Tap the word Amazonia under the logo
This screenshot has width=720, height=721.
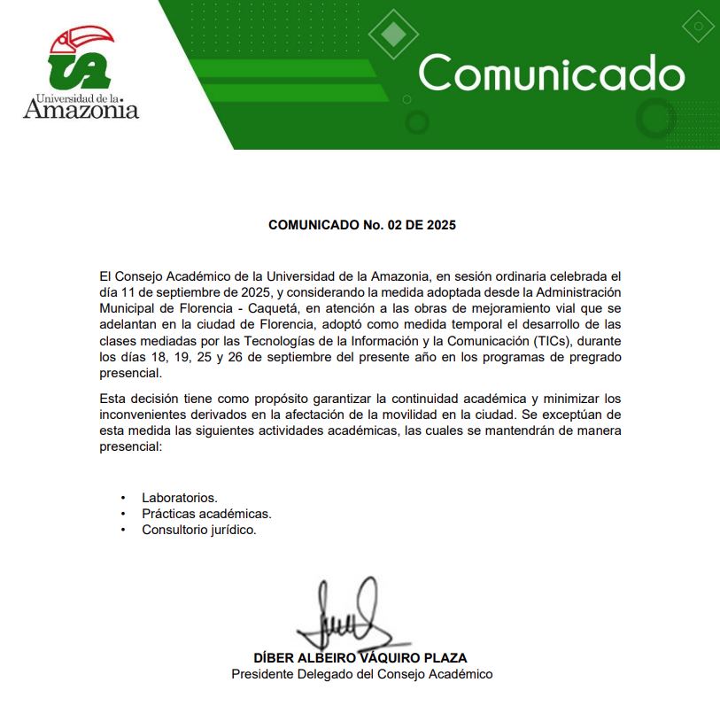pyautogui.click(x=81, y=110)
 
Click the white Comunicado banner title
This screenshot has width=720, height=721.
pyautogui.click(x=551, y=73)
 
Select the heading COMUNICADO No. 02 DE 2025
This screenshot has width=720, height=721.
pyautogui.click(x=361, y=225)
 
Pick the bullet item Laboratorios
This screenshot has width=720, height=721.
pyautogui.click(x=180, y=498)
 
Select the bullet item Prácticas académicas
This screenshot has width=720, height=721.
pyautogui.click(x=206, y=514)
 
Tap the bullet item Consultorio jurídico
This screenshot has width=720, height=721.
pyautogui.click(x=199, y=530)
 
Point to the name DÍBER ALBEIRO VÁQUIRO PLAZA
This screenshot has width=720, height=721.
pyautogui.click(x=360, y=658)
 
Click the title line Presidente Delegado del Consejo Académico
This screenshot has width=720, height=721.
pyautogui.click(x=361, y=674)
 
